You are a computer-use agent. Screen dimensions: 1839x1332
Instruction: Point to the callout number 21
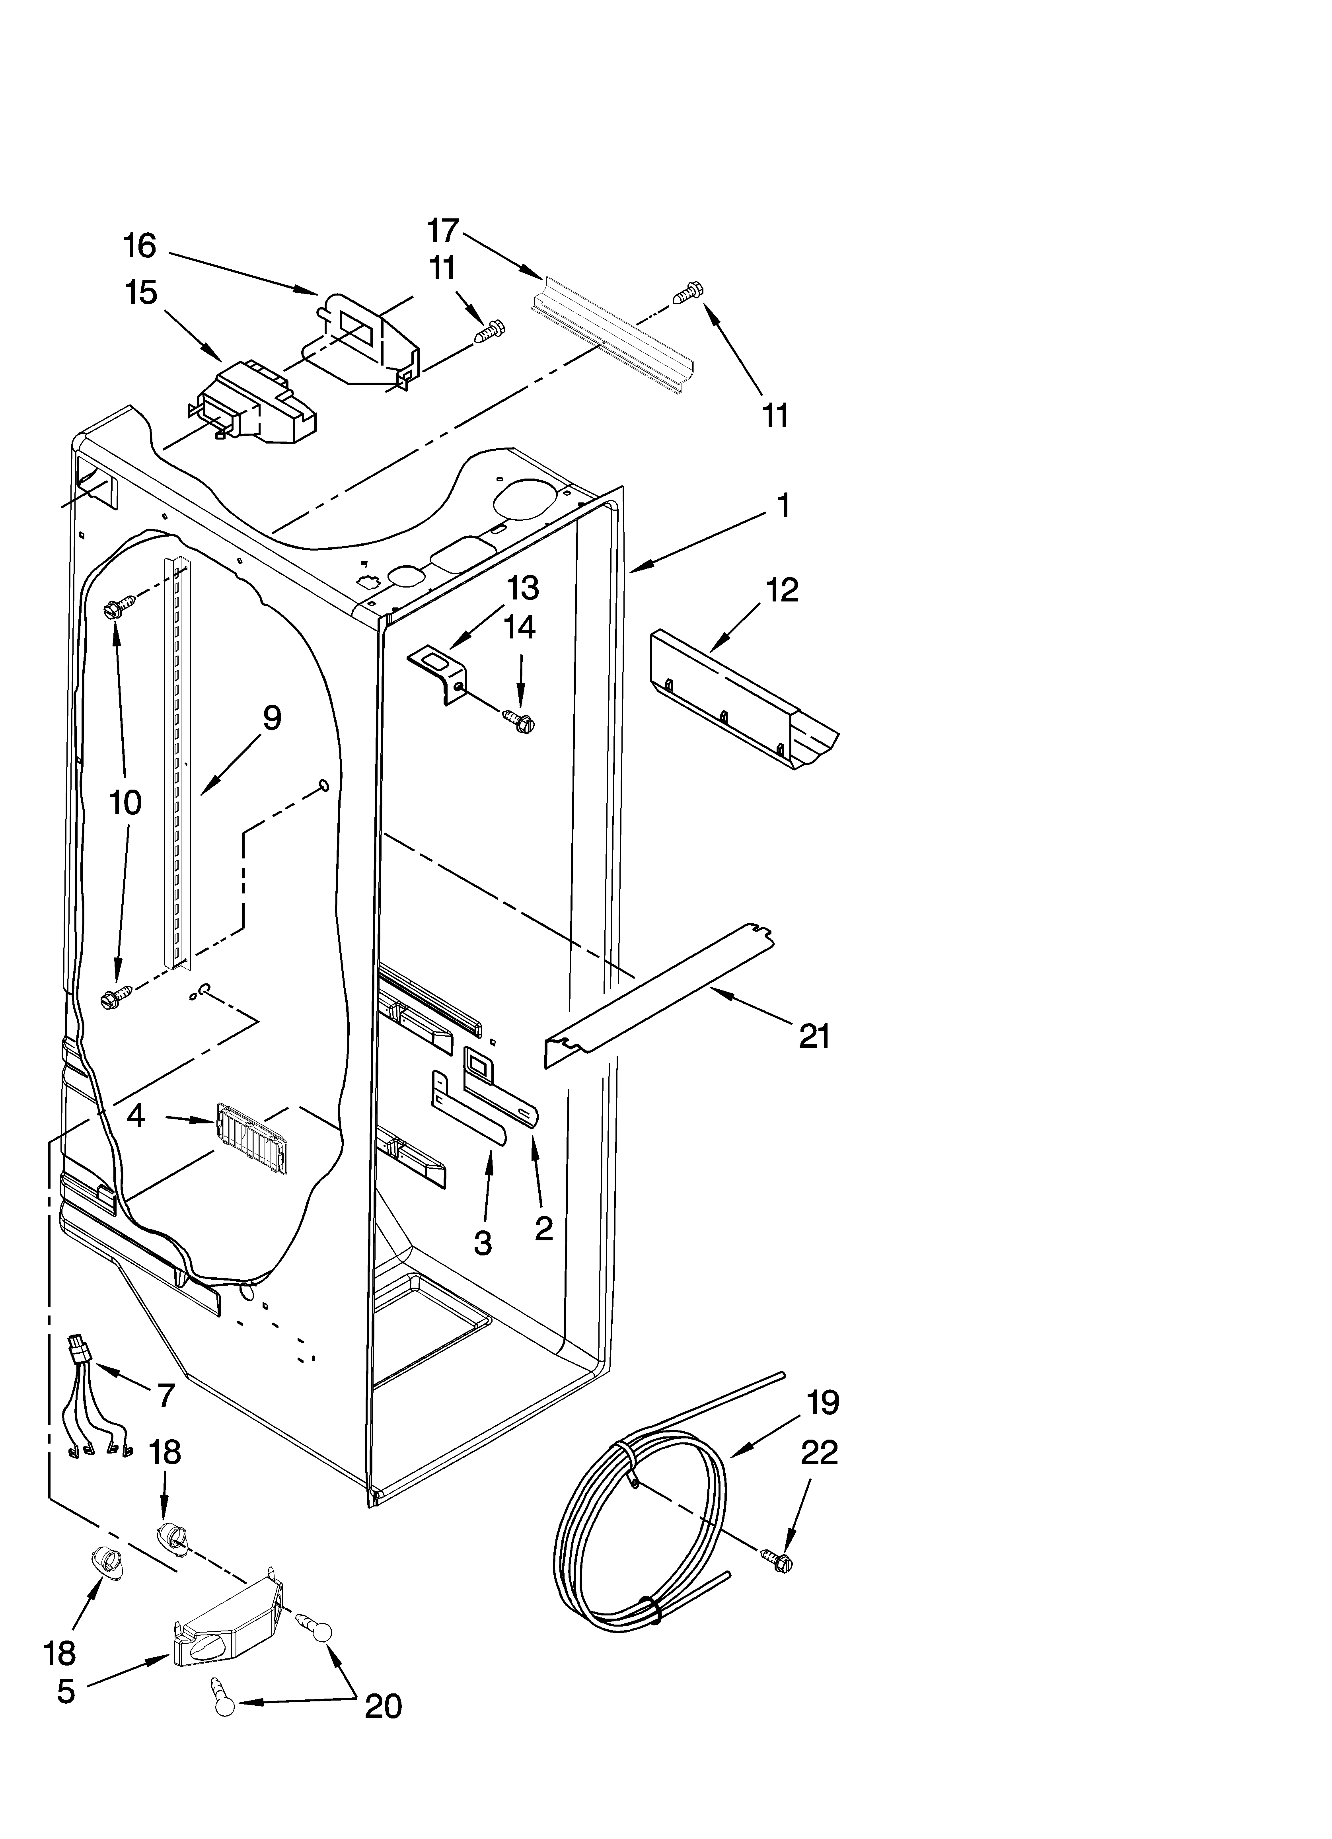[x=814, y=1036]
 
